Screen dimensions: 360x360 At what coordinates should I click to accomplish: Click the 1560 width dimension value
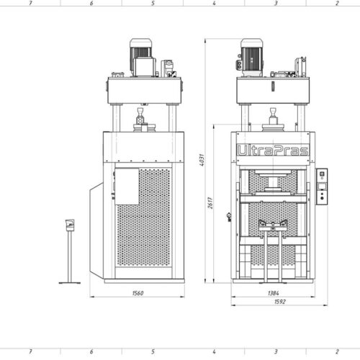coord(138,293)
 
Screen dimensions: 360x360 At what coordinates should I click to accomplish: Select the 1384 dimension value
coord(274,293)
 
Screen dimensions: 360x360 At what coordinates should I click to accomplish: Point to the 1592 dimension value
coord(280,302)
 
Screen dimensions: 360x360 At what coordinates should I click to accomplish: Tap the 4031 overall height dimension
coord(202,160)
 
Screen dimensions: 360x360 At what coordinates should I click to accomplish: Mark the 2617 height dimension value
coord(210,203)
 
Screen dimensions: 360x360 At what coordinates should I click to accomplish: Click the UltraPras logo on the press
coord(273,150)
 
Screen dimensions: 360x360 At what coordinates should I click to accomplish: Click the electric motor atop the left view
coord(141,57)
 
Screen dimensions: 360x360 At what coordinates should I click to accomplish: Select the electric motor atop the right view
coord(251,57)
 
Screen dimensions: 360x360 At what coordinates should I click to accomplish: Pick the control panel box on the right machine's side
coord(322,186)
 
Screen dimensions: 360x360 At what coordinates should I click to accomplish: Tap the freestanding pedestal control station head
coord(70,225)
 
